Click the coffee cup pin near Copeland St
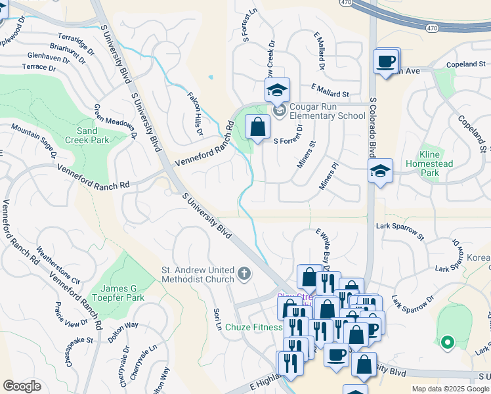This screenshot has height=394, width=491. click(x=386, y=62)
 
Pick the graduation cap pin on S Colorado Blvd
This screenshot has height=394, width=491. click(x=380, y=171)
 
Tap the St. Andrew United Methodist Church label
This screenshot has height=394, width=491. click(x=198, y=274)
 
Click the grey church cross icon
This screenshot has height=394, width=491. click(x=244, y=274)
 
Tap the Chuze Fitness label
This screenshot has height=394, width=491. click(x=253, y=327)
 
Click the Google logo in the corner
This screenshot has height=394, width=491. click(x=22, y=386)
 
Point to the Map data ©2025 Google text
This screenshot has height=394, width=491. click(x=450, y=389)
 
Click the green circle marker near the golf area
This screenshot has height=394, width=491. click(x=447, y=342)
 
